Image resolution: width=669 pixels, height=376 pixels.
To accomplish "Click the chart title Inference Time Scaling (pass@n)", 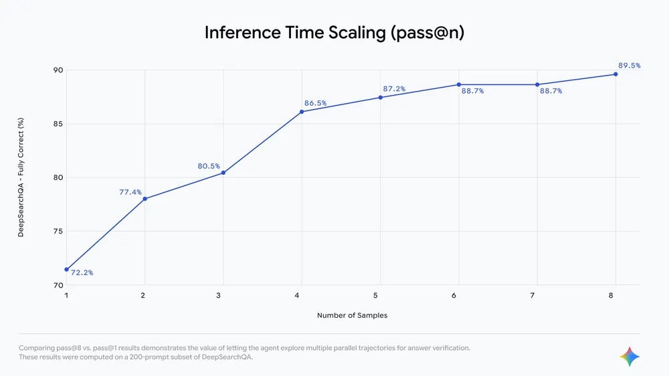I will [334, 33].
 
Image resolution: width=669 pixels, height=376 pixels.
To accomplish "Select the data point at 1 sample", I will [66, 269].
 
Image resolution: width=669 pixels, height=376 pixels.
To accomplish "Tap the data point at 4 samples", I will [302, 112].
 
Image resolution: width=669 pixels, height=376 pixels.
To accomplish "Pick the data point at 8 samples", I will [615, 74].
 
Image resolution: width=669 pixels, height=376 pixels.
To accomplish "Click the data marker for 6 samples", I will [459, 84].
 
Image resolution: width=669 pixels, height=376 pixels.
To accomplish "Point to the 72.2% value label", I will [82, 272].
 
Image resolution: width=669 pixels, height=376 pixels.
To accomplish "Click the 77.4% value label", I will [130, 192].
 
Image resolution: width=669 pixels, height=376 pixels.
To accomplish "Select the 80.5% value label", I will [209, 166].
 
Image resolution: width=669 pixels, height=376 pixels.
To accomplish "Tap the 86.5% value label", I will [315, 103].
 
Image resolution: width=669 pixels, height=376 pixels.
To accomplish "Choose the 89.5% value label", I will [629, 66].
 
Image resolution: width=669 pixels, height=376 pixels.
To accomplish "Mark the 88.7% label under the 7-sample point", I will [551, 91].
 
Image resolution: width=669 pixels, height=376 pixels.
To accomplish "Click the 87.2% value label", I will [394, 88].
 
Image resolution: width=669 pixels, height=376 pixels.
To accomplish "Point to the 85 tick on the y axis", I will [58, 124].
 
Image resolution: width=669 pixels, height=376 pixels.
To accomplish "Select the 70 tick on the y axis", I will [58, 285].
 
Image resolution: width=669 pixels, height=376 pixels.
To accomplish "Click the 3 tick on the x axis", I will [223, 295].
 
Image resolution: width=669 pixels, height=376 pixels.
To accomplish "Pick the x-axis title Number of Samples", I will [352, 315].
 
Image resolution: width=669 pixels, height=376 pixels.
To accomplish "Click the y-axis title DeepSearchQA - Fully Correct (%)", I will [21, 177].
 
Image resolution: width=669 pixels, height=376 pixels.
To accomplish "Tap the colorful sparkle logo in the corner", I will [629, 357].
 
